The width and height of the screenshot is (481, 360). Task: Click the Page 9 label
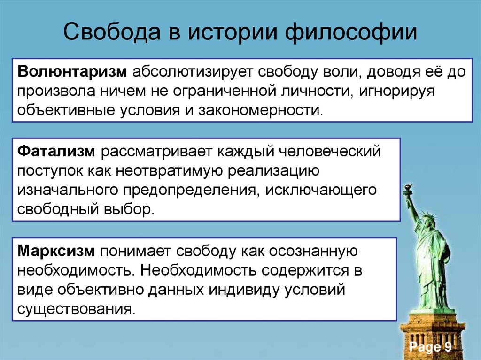pos(430,347)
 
